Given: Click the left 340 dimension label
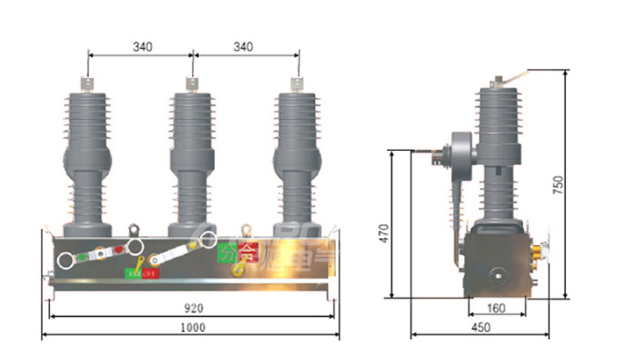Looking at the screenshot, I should tap(140, 47).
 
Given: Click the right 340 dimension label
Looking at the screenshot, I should tap(247, 47).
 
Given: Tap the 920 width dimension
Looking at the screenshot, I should tap(192, 308).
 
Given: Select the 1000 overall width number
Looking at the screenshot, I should tap(192, 328).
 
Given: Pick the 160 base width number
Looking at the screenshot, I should tap(497, 308).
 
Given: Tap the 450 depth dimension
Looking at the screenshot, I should tap(479, 328).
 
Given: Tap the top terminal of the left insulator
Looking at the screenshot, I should tap(89, 83).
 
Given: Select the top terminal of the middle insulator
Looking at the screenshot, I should tap(193, 83).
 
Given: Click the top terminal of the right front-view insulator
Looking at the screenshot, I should tap(297, 83).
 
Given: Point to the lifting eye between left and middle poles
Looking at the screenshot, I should tap(135, 230).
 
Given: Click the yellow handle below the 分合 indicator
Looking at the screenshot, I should tap(237, 270).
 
